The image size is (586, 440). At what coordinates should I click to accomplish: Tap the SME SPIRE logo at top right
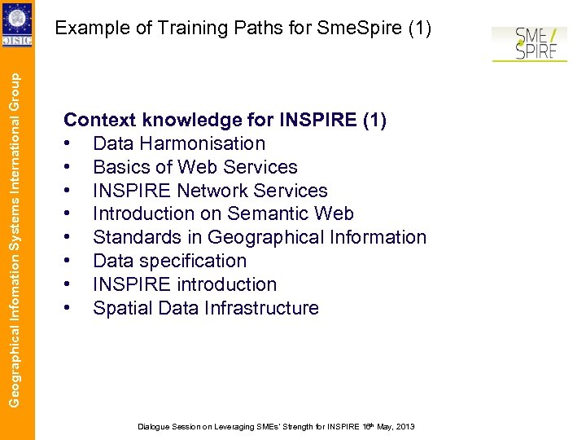[x=528, y=44]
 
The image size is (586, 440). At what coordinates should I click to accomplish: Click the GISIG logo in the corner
[x=17, y=24]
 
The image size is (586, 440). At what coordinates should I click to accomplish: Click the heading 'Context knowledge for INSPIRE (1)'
[x=225, y=120]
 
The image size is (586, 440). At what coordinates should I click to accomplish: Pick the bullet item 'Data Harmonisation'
[x=179, y=143]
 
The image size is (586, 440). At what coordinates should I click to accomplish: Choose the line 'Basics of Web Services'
[x=195, y=167]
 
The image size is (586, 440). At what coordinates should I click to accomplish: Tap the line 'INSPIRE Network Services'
[x=210, y=191]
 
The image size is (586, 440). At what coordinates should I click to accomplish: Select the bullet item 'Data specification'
[x=169, y=262]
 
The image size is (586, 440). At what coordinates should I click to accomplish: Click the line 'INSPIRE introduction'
[x=185, y=285]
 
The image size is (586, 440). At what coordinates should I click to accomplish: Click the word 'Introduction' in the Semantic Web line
[x=144, y=214]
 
